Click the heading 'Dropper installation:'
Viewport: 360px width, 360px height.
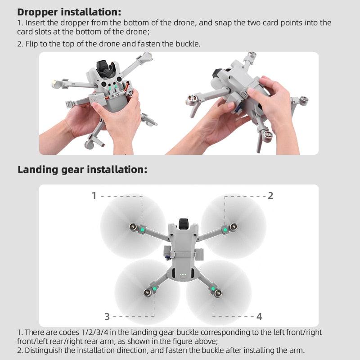pos(69,12)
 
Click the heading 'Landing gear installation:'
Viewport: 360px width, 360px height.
pos(82,170)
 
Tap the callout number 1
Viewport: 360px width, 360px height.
pos(94,196)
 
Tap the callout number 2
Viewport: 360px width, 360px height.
pos(270,196)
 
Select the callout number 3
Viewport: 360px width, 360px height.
pos(107,317)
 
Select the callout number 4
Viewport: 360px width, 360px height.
pos(259,317)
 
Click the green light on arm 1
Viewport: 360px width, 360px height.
pos(142,229)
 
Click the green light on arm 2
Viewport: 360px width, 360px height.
pos(225,230)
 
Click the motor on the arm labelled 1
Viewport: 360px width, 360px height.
pos(133,226)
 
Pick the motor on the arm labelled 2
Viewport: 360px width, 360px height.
pos(234,226)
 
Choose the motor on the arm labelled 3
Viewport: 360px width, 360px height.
pos(147,293)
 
